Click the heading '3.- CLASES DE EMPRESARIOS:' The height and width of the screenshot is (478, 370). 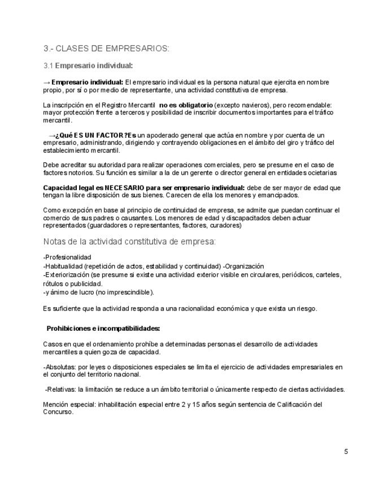point(106,48)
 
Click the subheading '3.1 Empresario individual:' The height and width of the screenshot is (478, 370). point(88,65)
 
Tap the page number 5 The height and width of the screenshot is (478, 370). point(346,451)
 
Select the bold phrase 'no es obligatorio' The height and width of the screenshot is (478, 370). point(186,105)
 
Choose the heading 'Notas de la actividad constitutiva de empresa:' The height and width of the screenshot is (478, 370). point(129,242)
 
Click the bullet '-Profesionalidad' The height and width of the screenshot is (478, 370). point(67,258)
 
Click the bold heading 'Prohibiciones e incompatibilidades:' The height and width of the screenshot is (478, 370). point(103,328)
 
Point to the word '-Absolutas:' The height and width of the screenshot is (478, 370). point(60,367)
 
